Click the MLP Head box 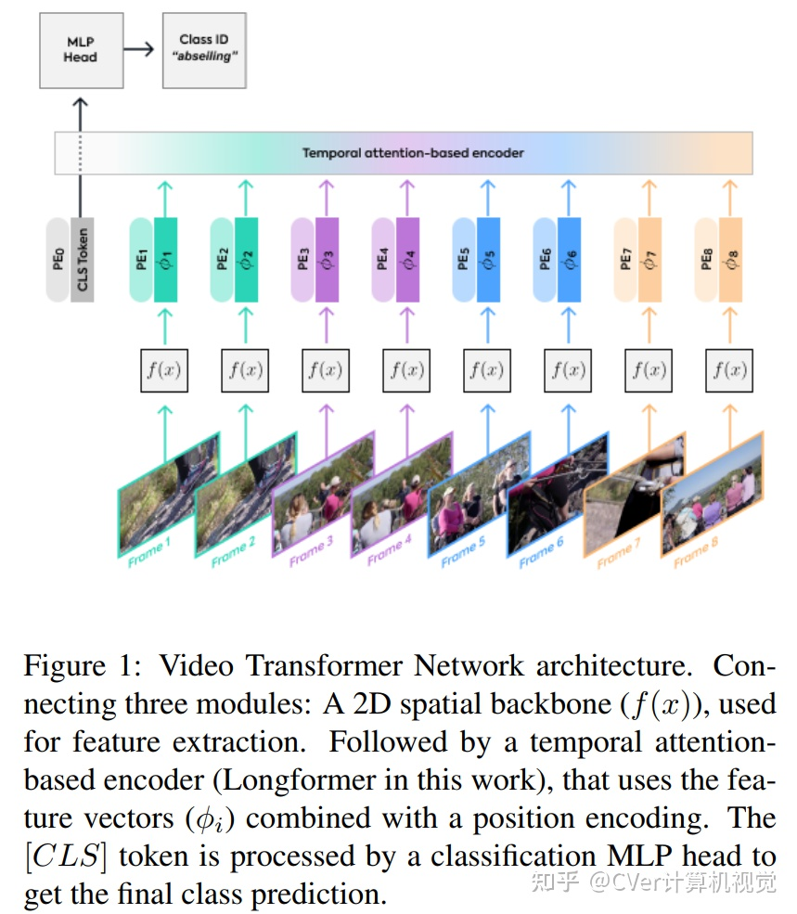point(80,49)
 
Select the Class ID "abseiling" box point(203,49)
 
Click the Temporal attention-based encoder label point(412,153)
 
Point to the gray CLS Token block point(83,259)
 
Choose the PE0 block point(58,259)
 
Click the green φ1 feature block point(166,259)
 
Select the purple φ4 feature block point(408,259)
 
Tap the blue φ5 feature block point(488,259)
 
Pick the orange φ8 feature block point(730,259)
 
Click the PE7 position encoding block point(625,259)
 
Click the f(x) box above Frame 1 point(165,370)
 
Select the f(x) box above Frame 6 point(569,370)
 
